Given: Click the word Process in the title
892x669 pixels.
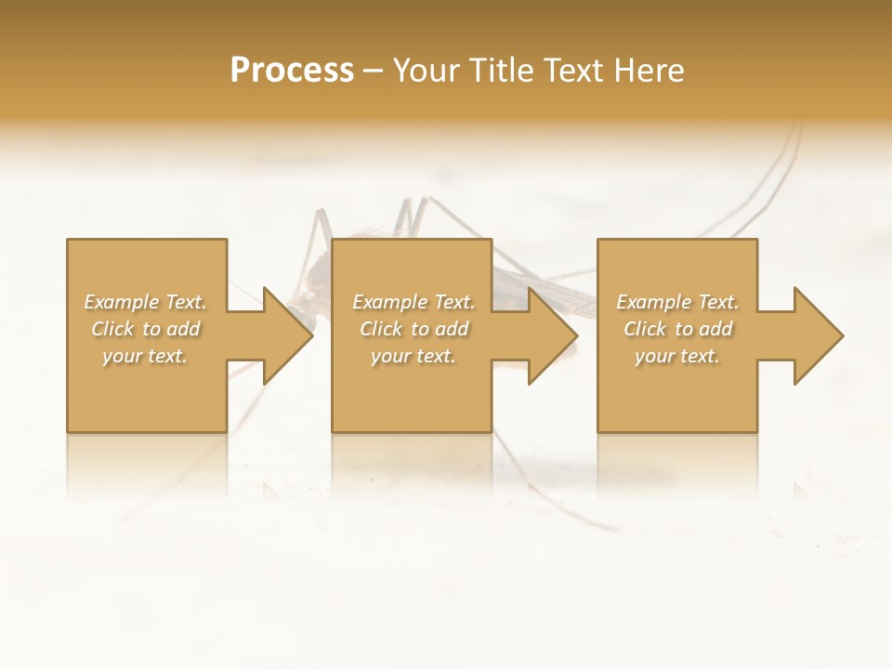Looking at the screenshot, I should tap(292, 71).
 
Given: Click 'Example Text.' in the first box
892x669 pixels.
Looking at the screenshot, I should tap(145, 302).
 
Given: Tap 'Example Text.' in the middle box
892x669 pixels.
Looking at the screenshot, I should tap(413, 302).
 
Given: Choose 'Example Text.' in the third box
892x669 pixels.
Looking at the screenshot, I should tap(677, 302).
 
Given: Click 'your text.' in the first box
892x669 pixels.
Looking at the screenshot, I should tap(145, 356).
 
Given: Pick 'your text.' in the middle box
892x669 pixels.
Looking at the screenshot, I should tap(413, 356).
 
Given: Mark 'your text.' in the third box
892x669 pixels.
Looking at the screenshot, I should tap(677, 356).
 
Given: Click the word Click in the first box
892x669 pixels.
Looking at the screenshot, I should tap(113, 329).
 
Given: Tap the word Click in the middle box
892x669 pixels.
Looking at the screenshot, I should tap(382, 329).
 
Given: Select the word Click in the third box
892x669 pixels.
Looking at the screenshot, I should tap(646, 329).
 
